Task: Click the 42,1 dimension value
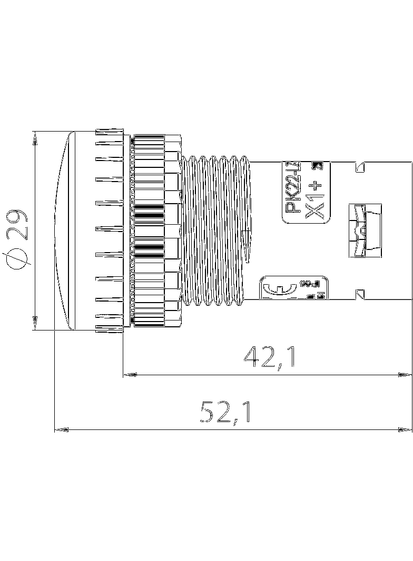269,357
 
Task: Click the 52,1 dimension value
225,412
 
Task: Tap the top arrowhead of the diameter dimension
35,137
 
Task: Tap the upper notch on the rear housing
360,167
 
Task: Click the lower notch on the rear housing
360,294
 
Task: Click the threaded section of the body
216,231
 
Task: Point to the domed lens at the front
65,231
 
